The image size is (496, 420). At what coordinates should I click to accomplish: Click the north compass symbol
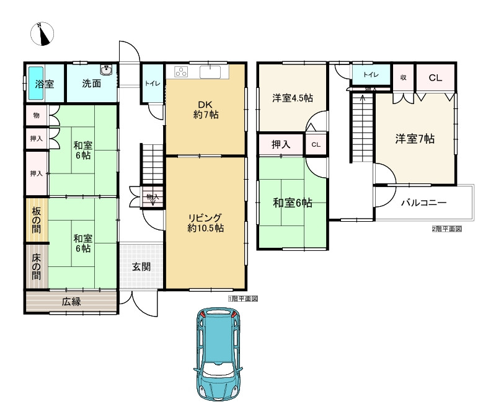(43, 35)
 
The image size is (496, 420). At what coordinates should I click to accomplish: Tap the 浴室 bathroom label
(44, 84)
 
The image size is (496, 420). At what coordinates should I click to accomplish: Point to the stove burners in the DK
(181, 71)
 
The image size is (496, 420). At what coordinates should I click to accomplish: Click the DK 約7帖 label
(205, 109)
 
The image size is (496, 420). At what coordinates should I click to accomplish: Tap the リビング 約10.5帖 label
(206, 222)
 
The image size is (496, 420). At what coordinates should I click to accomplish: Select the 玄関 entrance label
(141, 267)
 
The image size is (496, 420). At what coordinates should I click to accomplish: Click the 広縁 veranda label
(71, 302)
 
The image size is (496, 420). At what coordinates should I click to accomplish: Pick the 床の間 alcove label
(35, 266)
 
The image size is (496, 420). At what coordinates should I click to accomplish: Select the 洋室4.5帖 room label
(292, 98)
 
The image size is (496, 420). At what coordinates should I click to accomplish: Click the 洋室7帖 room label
(415, 139)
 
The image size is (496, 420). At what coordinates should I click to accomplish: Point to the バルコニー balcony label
(423, 202)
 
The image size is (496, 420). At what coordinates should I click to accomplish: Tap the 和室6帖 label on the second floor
(292, 203)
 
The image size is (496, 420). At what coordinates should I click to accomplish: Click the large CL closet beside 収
(435, 77)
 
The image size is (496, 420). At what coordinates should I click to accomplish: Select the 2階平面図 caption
(446, 229)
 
